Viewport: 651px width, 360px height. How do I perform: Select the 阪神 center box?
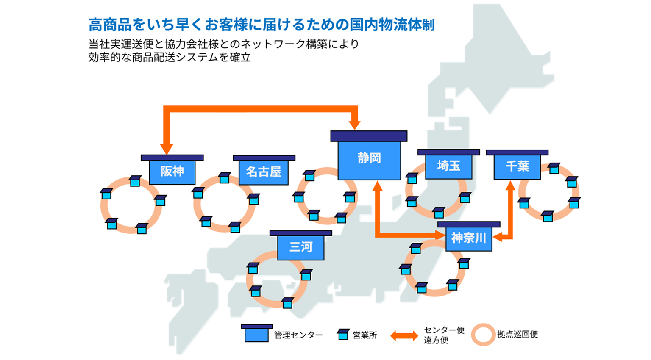[172, 172]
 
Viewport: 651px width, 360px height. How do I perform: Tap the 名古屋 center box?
[263, 172]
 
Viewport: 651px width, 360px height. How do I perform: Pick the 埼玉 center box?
[448, 166]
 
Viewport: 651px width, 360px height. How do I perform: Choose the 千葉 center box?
[517, 166]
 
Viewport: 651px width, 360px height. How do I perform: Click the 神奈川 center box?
[468, 238]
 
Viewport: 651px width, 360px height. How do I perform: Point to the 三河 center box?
[300, 247]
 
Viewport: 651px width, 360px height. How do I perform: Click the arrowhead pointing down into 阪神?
[167, 149]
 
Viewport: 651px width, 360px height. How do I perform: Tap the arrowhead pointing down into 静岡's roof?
[355, 125]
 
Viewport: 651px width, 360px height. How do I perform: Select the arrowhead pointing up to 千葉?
[511, 186]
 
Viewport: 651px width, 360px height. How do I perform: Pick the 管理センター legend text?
[298, 335]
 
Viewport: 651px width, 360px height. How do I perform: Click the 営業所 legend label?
[365, 335]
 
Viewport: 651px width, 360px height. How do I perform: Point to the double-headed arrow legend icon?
[404, 336]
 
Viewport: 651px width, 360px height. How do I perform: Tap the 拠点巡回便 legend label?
[517, 335]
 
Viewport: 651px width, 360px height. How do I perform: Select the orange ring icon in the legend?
[483, 335]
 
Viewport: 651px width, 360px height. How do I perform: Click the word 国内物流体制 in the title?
[392, 25]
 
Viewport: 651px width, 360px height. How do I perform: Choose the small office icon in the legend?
[342, 335]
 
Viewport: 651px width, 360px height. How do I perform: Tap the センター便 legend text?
[444, 330]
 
